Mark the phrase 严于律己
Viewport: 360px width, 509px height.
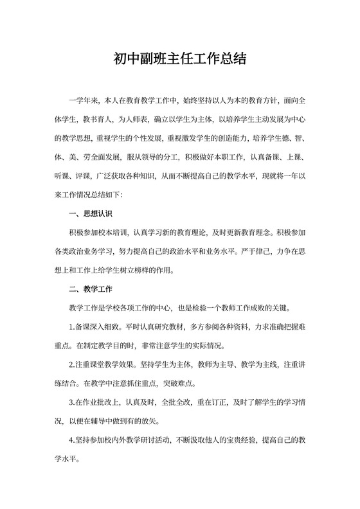(264, 251)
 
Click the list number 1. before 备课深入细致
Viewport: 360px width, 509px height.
(71, 326)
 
